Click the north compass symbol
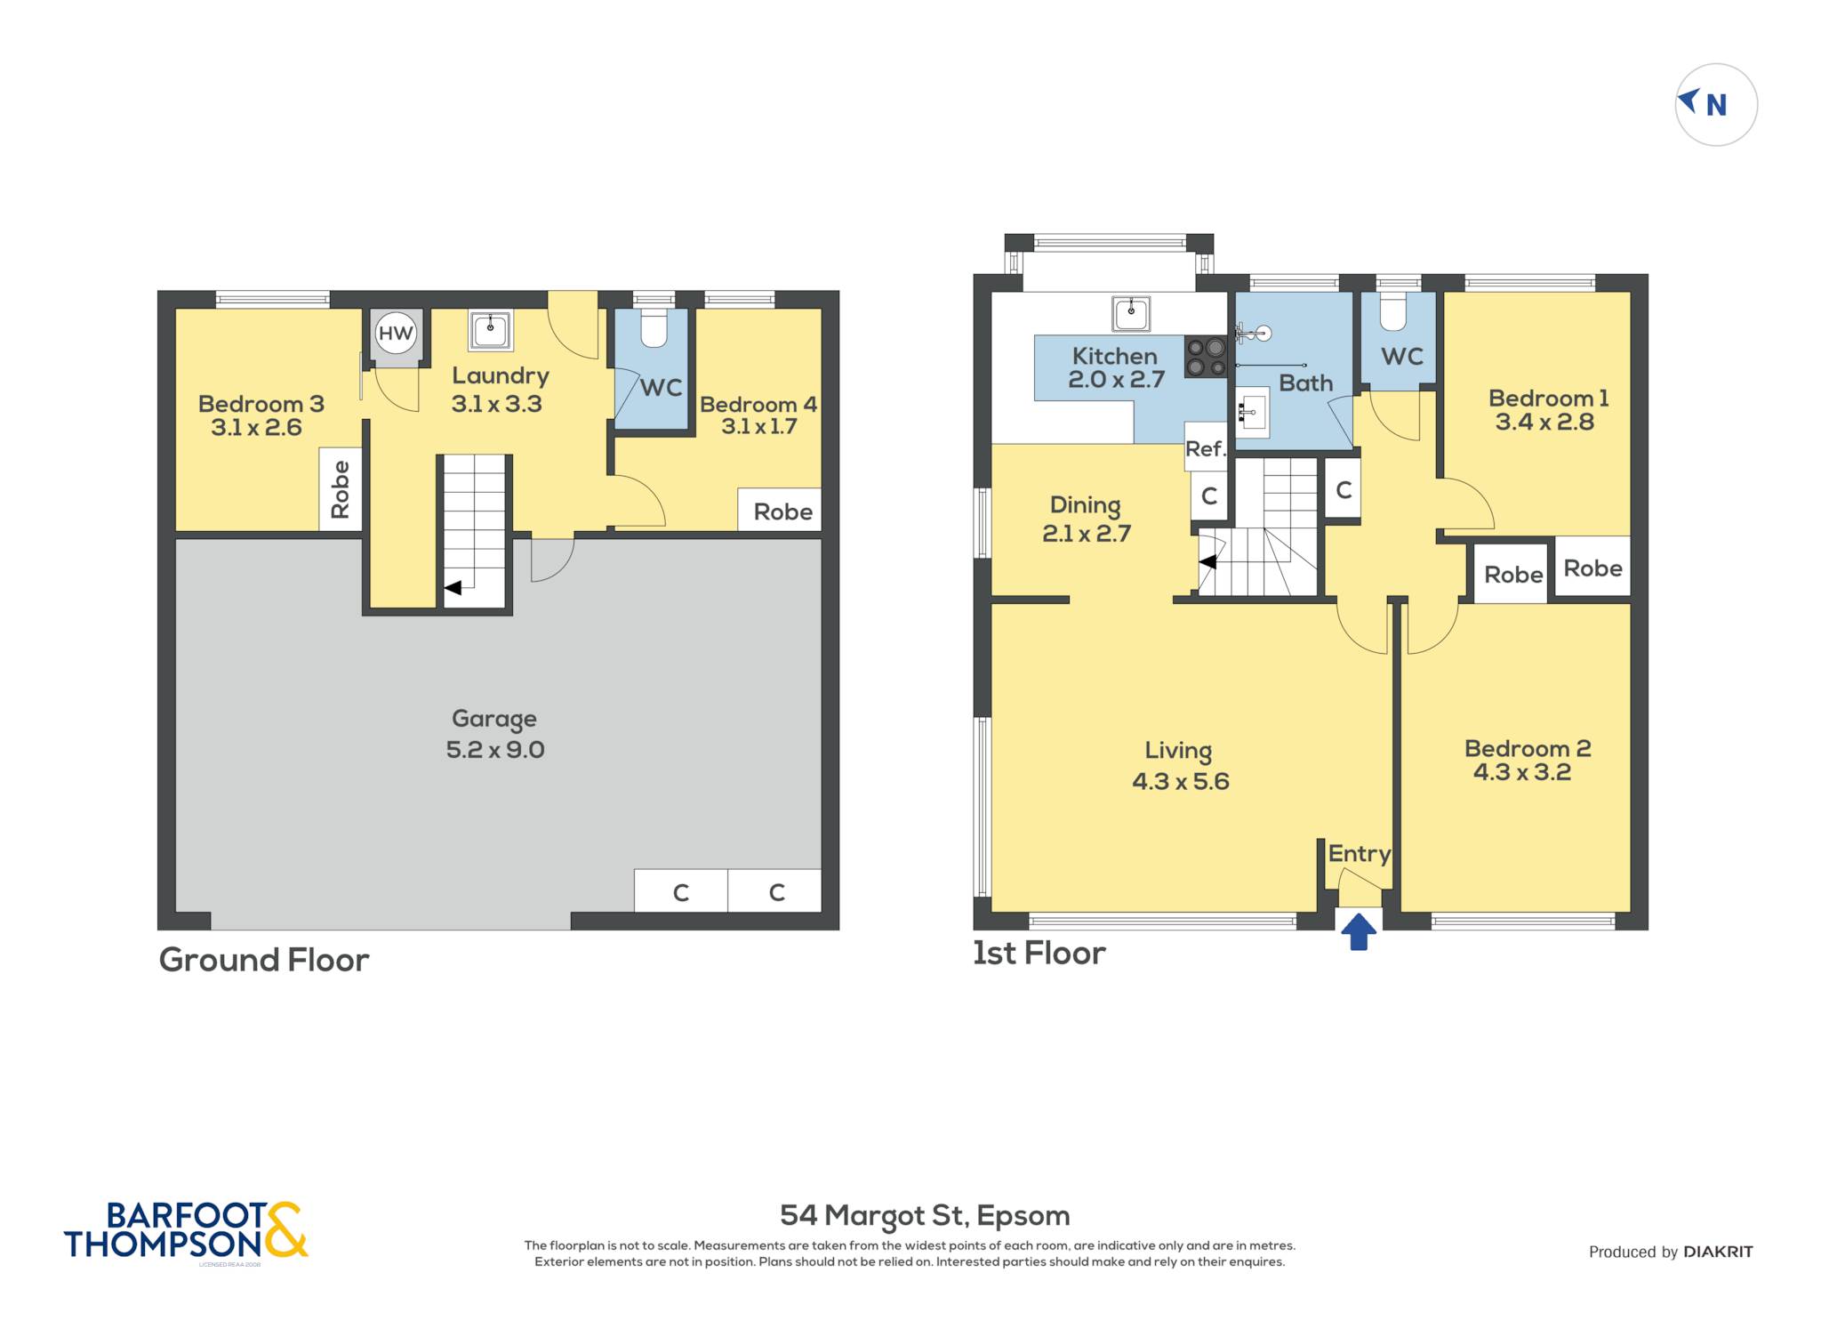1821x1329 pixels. point(1716,105)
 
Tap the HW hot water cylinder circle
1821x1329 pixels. point(396,333)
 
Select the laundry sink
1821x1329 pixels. point(490,330)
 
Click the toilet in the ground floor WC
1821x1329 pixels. point(654,327)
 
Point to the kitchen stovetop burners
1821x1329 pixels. point(1206,357)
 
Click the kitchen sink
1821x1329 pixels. point(1131,313)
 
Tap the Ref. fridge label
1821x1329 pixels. point(1206,448)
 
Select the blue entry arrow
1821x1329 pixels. point(1359,932)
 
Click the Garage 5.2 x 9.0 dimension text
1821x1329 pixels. point(495,749)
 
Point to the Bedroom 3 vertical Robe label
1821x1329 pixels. point(340,489)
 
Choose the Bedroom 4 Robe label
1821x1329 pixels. point(782,511)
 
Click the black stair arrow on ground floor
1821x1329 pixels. point(453,588)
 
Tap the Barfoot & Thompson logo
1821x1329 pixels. point(186,1230)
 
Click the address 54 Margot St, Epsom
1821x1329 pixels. point(925,1215)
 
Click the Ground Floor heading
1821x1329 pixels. point(264,960)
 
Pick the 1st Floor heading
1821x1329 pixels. point(1039,953)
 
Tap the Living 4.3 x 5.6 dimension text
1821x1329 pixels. point(1181,781)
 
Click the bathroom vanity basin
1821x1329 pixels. point(1252,412)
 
